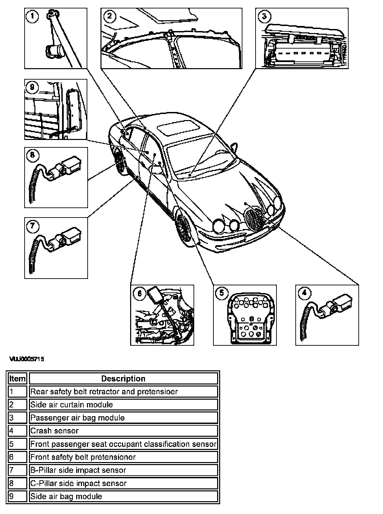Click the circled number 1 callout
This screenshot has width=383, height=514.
tap(32, 16)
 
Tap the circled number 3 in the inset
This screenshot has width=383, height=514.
tap(264, 16)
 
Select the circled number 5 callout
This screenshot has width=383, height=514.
tap(222, 293)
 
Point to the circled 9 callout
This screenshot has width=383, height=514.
tap(32, 87)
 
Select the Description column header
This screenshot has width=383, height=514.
tap(123, 378)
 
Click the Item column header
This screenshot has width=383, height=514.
tap(17, 378)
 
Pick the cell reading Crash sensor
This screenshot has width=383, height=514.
tap(54, 431)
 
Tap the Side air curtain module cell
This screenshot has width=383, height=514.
tap(71, 404)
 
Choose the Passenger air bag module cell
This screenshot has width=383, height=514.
tap(78, 418)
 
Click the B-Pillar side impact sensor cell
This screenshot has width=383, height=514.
tap(78, 470)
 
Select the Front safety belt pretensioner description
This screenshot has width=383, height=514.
tap(83, 457)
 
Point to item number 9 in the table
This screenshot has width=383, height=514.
tap(11, 496)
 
